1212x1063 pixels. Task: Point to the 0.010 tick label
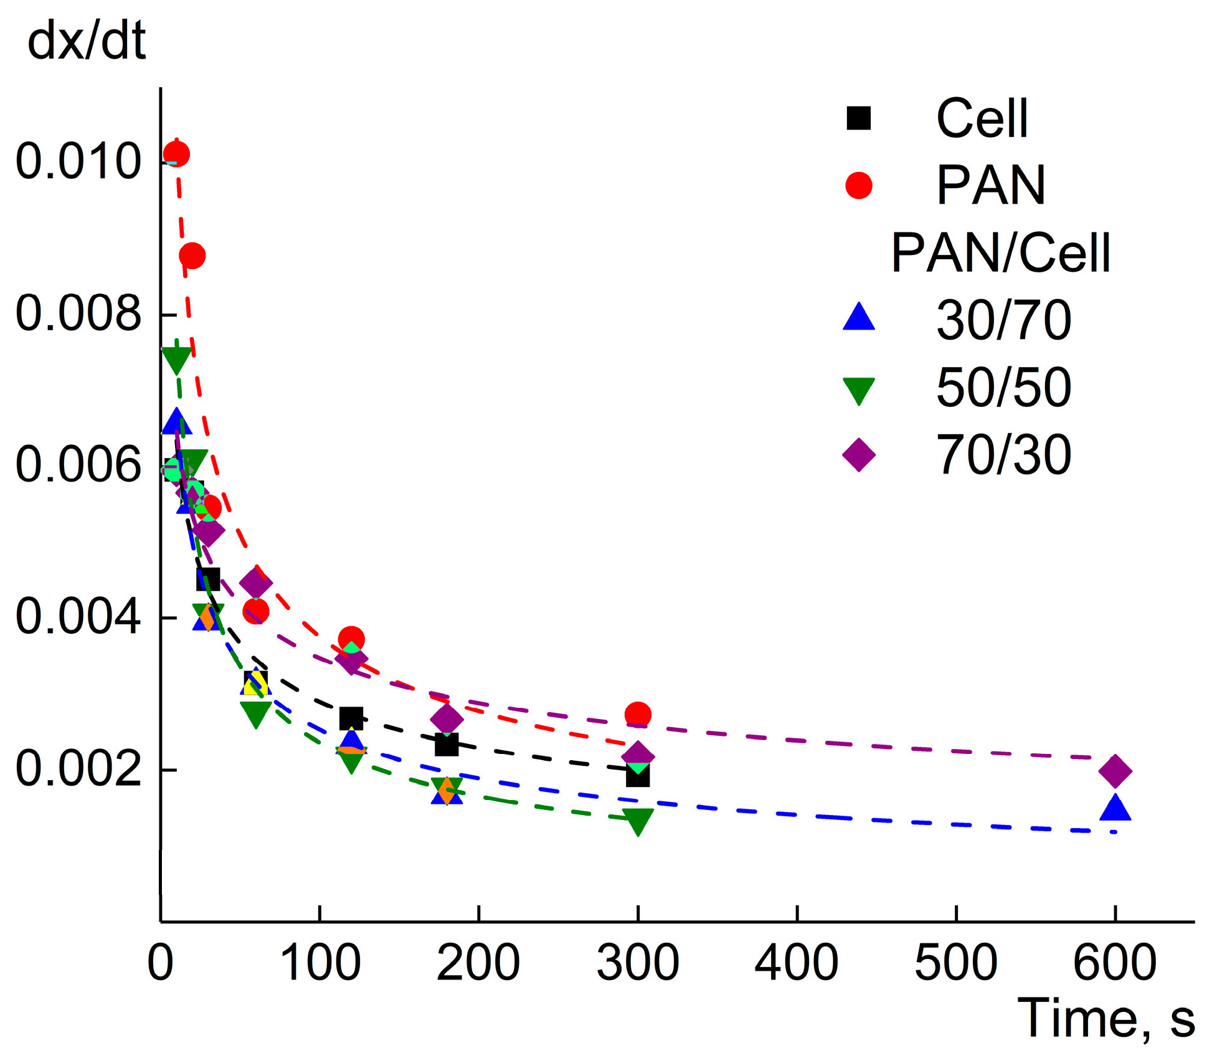tap(78, 161)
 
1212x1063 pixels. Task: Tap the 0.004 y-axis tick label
tap(78, 617)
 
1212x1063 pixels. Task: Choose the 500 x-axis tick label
tap(955, 963)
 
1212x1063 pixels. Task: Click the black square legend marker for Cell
tap(858, 118)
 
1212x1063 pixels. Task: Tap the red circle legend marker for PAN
tap(858, 186)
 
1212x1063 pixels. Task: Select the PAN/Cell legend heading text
tap(1000, 253)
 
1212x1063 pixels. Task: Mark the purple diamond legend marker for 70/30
tap(858, 455)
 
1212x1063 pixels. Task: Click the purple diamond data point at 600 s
tap(1115, 771)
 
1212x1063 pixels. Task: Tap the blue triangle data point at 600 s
tap(1115, 809)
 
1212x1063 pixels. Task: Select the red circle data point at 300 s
tap(638, 714)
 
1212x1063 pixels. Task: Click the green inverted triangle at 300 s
tap(638, 821)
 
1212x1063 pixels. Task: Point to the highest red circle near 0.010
tap(176, 153)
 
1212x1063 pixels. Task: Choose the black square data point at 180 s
tap(447, 744)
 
